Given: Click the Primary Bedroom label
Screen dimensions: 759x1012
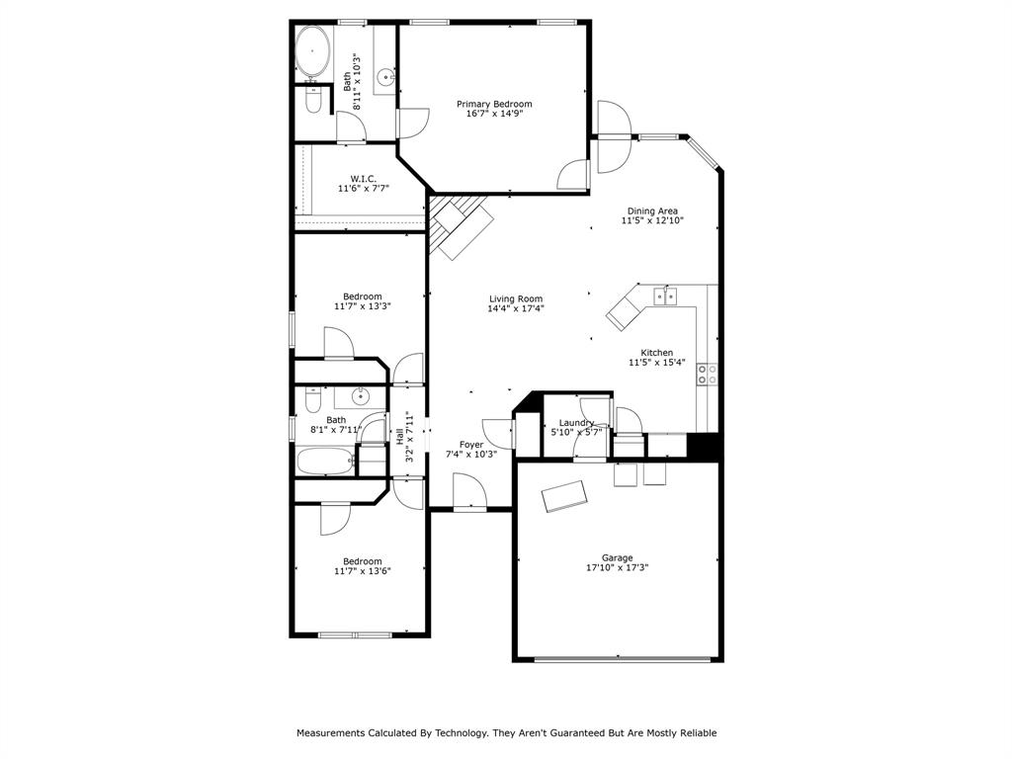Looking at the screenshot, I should tap(493, 104).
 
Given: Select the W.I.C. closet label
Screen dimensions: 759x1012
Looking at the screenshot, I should tap(363, 178).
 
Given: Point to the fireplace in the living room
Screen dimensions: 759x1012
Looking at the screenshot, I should tap(460, 227).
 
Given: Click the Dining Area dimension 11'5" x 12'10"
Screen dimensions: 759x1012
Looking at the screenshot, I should tap(652, 221).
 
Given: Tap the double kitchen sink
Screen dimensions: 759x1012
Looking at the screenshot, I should tap(664, 295).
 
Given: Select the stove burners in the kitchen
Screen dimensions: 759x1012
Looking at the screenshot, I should tap(708, 374).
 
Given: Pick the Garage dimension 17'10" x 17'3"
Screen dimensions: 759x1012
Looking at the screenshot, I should tap(617, 568).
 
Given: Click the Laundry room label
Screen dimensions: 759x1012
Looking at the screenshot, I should tap(576, 423).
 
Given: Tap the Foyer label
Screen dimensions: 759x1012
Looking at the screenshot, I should tap(471, 445).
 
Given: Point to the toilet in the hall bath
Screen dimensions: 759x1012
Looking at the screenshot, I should tap(312, 400).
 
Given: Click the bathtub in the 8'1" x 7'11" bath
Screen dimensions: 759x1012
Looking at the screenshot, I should tap(323, 461).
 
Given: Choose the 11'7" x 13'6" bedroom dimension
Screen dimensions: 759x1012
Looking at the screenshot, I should tap(363, 571).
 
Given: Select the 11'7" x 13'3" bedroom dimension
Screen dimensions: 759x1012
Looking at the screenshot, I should tap(363, 306).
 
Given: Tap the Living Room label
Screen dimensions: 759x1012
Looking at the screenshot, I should tap(516, 298).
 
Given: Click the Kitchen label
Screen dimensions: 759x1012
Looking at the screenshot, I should tap(656, 353).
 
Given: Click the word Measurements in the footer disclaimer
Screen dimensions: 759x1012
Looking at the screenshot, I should tap(330, 733).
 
